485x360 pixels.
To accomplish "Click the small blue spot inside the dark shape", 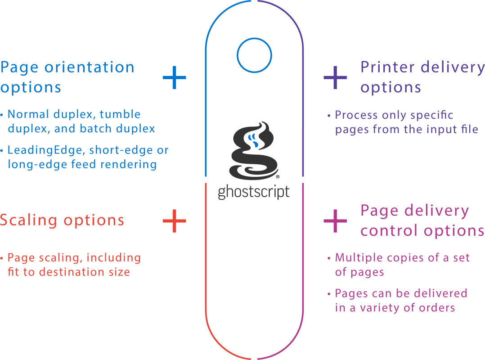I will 255,141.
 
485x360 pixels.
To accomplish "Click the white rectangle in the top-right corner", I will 408,30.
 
